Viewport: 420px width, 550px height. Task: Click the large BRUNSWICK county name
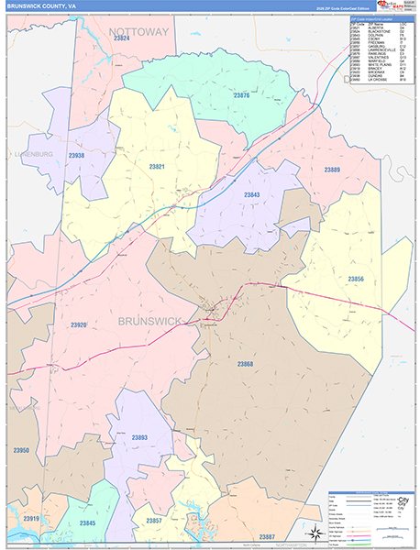pyautogui.click(x=150, y=319)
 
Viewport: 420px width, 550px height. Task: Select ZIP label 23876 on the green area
pyautogui.click(x=241, y=94)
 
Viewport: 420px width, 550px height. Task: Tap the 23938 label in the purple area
pyautogui.click(x=76, y=156)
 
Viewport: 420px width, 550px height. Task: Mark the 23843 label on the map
pyautogui.click(x=252, y=194)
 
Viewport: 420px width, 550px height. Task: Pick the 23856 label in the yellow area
pyautogui.click(x=355, y=279)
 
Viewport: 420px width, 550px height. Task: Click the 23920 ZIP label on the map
pyautogui.click(x=79, y=324)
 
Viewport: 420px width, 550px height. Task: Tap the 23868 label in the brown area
pyautogui.click(x=246, y=364)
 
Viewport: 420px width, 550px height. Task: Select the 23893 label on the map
pyautogui.click(x=138, y=438)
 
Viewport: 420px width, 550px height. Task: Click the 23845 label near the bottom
pyautogui.click(x=88, y=522)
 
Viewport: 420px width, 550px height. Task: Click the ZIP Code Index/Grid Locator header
pyautogui.click(x=378, y=17)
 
